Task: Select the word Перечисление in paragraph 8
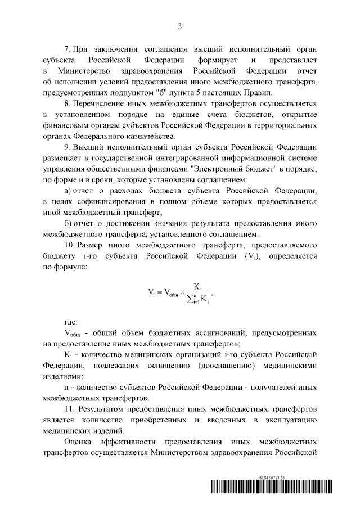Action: (102, 104)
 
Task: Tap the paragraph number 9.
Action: (67, 147)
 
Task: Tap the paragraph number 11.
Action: (69, 408)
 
